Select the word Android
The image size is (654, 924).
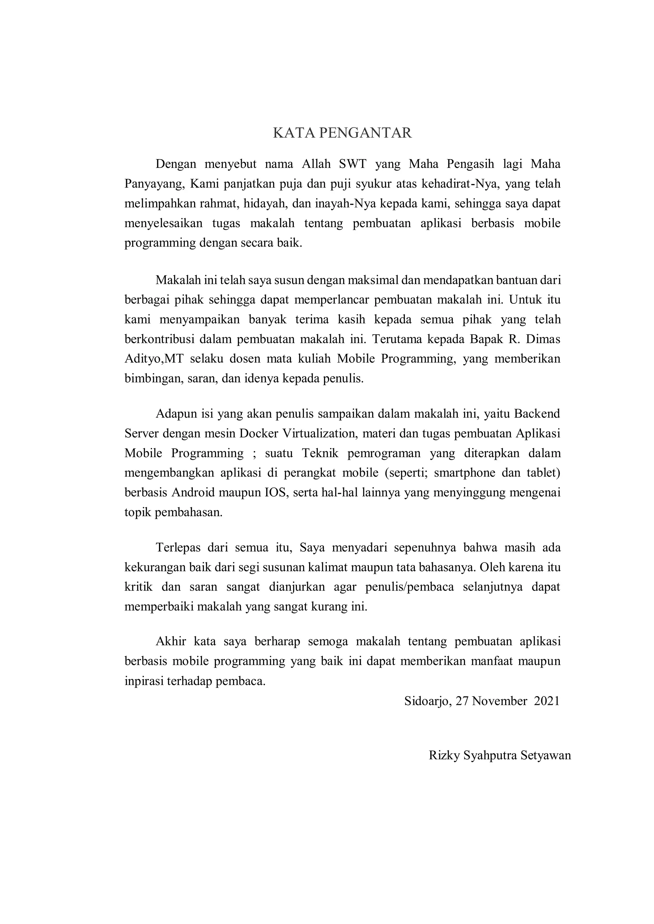click(x=196, y=493)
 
